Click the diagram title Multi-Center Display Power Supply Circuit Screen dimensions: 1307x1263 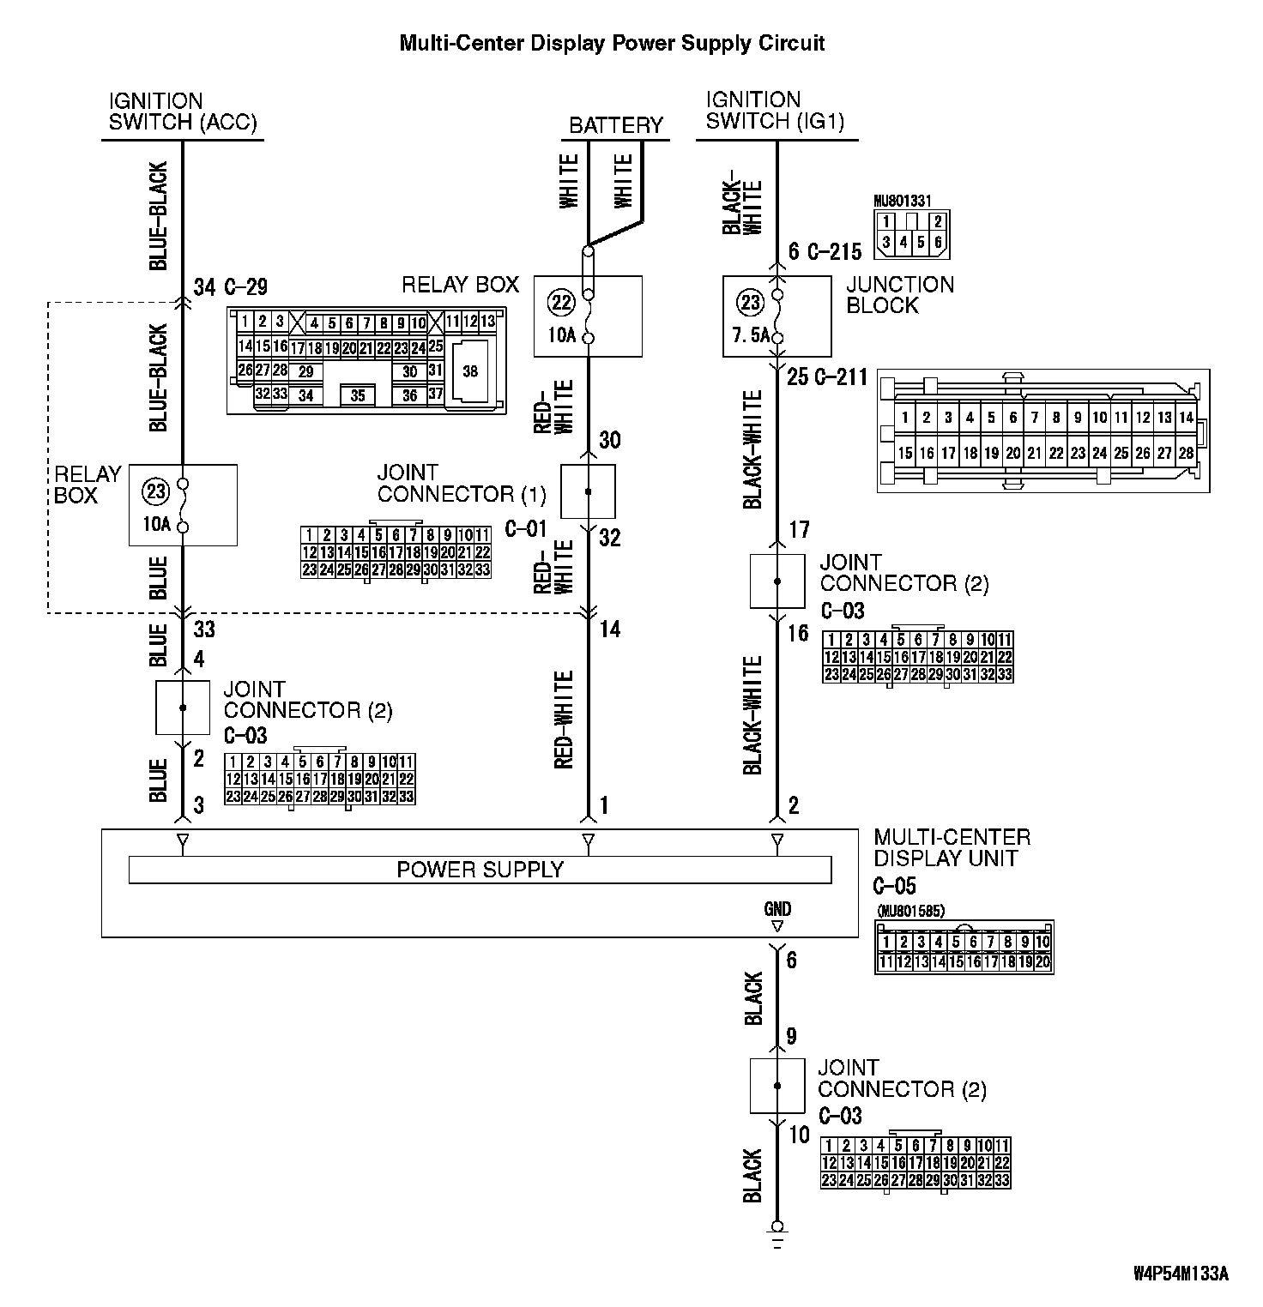612,44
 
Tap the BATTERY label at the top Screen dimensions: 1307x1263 615,125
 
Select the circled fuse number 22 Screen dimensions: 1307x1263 562,302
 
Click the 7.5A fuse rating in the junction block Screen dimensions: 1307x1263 746,335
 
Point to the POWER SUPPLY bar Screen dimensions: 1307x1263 480,870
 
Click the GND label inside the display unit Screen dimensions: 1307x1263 777,909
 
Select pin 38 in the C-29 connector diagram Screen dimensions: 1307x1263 469,371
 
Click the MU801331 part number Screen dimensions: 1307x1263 902,202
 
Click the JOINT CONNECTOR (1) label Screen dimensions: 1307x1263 462,484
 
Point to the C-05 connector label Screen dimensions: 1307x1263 895,885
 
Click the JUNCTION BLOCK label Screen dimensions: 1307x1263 900,295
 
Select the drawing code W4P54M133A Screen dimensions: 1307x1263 1181,1274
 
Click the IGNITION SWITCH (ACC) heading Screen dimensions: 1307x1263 183,111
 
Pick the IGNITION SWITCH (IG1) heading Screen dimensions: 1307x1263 775,111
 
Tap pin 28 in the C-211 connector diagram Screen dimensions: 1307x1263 1186,454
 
